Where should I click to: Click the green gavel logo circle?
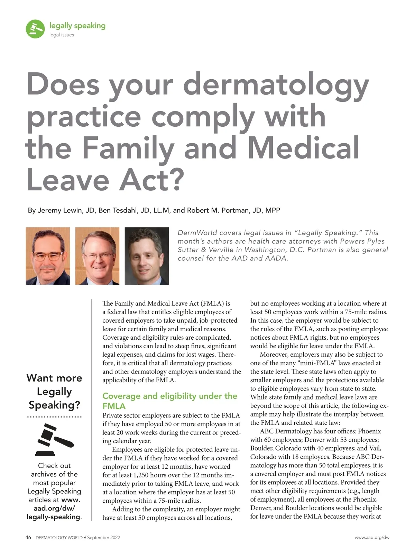tap(35, 29)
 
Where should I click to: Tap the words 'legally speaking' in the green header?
tap(77, 26)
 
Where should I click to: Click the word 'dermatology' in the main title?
tap(276, 84)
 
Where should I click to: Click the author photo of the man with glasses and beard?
tap(48, 256)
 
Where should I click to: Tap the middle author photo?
tap(97, 256)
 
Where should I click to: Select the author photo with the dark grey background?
tap(147, 256)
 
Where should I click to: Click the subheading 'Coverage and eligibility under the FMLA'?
tap(169, 401)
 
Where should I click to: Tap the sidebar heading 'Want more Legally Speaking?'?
tap(54, 391)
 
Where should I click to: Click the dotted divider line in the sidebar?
tap(54, 417)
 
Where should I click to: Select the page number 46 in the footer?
tap(28, 538)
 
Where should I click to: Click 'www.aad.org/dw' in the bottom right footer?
tap(372, 538)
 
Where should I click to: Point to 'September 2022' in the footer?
tap(103, 538)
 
